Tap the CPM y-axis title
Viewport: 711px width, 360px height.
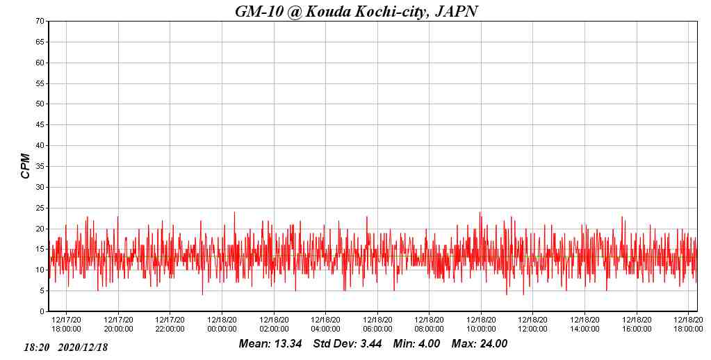26,166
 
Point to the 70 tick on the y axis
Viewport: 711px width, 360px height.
40,22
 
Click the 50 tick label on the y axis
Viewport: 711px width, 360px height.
40,104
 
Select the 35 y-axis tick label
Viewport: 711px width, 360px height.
40,167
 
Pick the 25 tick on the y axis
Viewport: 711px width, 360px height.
40,208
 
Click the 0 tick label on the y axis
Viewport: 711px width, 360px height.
42,312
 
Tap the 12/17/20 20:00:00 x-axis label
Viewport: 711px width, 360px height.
118,325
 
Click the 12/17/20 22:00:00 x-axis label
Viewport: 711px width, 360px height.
170,325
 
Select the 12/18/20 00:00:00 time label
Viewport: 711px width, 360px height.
222,325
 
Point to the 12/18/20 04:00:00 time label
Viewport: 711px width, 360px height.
325,325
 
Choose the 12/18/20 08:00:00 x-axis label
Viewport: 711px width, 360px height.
429,325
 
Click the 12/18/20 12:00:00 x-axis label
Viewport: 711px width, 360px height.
532,325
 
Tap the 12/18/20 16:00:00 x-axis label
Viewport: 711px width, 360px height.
636,325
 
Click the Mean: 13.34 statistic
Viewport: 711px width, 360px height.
270,344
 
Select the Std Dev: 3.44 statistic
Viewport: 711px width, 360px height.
348,344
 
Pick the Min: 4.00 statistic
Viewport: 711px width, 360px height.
416,344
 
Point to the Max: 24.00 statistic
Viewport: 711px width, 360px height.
480,344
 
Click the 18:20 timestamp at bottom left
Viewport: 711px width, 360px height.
36,347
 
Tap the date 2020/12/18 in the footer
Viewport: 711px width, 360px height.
83,347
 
